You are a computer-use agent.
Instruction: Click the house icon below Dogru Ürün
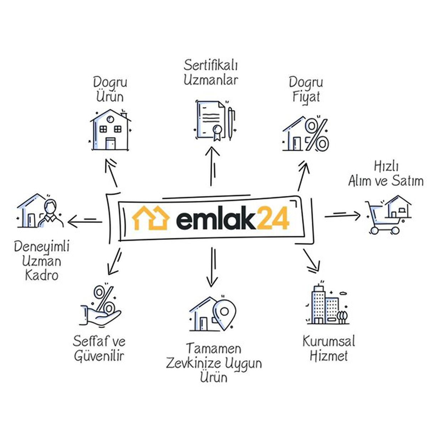click(x=109, y=130)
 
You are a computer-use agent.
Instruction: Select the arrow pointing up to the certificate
click(x=214, y=165)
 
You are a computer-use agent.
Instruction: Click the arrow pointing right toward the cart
click(x=342, y=215)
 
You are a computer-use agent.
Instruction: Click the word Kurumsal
click(x=328, y=341)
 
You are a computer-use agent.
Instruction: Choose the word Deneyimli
click(x=42, y=247)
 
